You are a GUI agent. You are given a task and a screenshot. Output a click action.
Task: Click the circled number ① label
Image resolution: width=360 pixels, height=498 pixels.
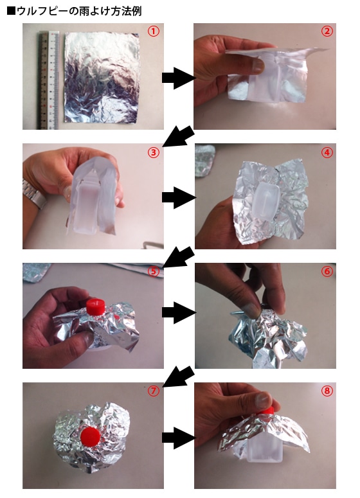tap(154, 31)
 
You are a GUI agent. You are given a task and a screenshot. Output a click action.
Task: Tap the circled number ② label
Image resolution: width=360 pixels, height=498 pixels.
tap(327, 31)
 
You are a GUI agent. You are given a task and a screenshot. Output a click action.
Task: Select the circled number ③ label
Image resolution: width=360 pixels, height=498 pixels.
tap(154, 152)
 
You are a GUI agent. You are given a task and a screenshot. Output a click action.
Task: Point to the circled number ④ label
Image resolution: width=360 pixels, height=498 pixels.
tap(327, 152)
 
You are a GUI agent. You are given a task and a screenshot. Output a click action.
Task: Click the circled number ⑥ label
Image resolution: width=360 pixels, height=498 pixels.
tap(327, 271)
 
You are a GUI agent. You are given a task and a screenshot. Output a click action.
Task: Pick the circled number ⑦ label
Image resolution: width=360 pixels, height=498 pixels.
tap(154, 391)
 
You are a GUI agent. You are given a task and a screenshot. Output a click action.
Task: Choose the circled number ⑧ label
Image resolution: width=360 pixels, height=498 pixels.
tap(327, 391)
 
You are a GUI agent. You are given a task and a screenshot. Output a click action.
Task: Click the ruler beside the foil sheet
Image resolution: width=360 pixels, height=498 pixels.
tap(49, 80)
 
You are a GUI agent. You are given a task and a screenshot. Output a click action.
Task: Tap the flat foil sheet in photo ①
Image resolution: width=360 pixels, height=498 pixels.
tap(102, 78)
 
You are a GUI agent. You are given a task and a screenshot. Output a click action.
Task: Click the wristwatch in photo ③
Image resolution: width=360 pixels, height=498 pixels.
tap(33, 193)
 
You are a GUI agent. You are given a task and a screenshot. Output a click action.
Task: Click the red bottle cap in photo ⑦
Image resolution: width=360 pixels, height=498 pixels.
tap(91, 436)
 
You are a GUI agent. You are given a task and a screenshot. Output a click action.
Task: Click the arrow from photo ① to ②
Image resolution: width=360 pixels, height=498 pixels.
tap(179, 78)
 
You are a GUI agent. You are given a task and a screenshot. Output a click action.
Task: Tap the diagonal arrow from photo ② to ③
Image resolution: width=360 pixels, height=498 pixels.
tap(179, 137)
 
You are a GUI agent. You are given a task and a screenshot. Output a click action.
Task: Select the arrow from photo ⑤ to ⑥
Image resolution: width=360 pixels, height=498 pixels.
tap(179, 312)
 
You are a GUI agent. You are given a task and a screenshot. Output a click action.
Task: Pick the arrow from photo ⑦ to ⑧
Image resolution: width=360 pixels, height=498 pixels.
tap(179, 438)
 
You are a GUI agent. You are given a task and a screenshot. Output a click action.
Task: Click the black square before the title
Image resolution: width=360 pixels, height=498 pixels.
tap(11, 11)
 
